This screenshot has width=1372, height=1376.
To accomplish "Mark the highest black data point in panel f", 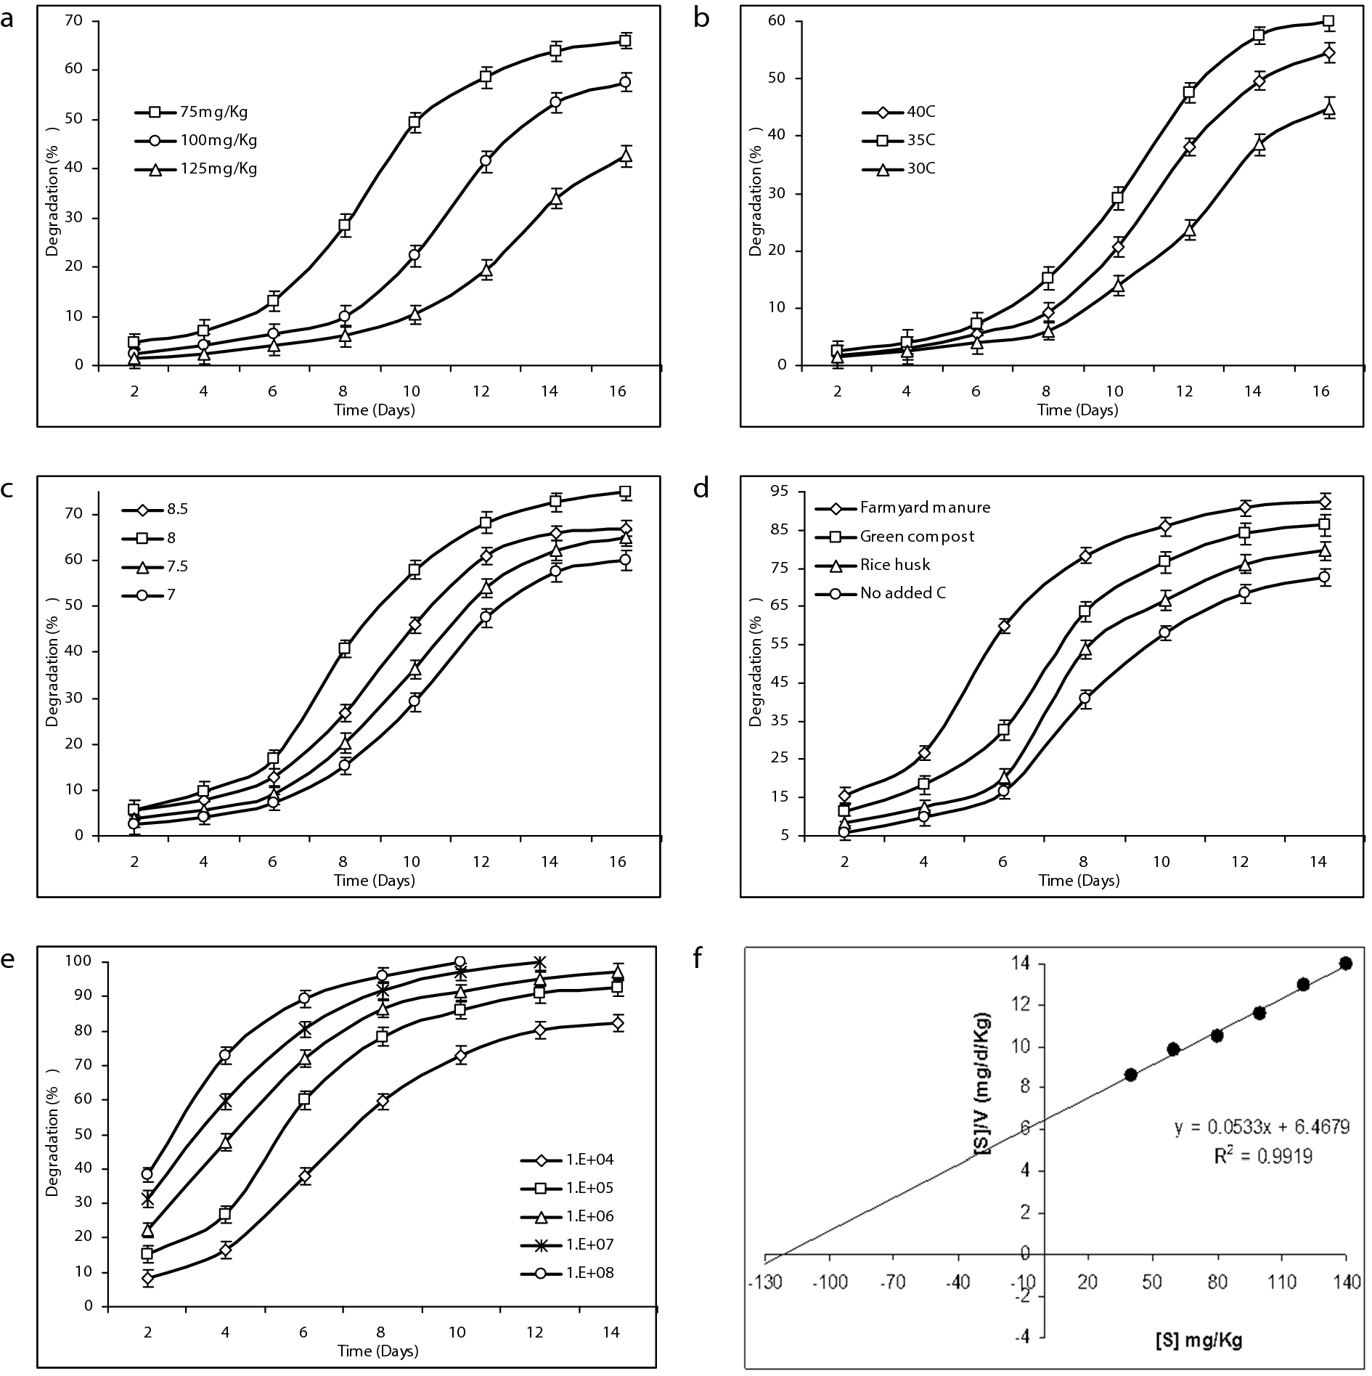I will (1345, 964).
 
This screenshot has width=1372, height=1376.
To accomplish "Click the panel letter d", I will (701, 488).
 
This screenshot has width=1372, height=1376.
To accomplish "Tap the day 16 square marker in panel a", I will (624, 41).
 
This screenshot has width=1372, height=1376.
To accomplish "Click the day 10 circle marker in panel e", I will (459, 962).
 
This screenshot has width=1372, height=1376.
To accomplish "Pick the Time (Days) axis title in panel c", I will (374, 881).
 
